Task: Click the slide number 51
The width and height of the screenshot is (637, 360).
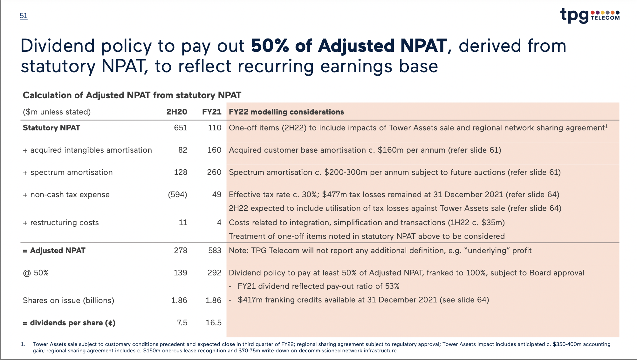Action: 24,16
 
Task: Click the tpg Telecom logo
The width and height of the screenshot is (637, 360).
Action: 590,15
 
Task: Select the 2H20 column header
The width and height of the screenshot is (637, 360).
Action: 177,112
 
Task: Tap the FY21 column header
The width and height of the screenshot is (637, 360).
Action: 212,112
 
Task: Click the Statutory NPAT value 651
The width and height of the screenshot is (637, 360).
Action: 181,128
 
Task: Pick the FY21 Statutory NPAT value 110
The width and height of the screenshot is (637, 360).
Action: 215,128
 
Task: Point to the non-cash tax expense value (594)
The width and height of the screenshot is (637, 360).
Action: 177,195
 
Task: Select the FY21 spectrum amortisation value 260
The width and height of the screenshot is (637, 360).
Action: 214,172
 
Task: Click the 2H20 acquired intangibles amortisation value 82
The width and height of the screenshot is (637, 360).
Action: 183,150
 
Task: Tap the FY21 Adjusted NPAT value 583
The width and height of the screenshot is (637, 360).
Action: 215,251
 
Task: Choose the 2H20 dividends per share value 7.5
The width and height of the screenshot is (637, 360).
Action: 182,323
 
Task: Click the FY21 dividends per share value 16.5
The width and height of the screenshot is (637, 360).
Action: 214,323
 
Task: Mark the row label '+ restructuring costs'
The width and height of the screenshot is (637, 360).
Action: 61,223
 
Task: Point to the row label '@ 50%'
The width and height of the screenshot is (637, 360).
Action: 36,273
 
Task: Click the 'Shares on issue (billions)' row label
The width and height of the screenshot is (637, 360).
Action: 68,301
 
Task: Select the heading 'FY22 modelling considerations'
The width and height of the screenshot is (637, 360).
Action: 286,112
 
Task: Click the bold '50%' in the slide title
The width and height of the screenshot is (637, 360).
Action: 270,46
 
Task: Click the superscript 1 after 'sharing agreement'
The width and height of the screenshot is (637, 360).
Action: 606,126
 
